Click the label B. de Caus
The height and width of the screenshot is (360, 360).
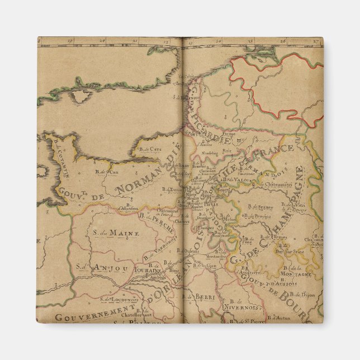[x=149, y=149]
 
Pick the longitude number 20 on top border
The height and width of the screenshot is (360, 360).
[x=102, y=41]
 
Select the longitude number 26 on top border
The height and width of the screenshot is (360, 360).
[x=283, y=41]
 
